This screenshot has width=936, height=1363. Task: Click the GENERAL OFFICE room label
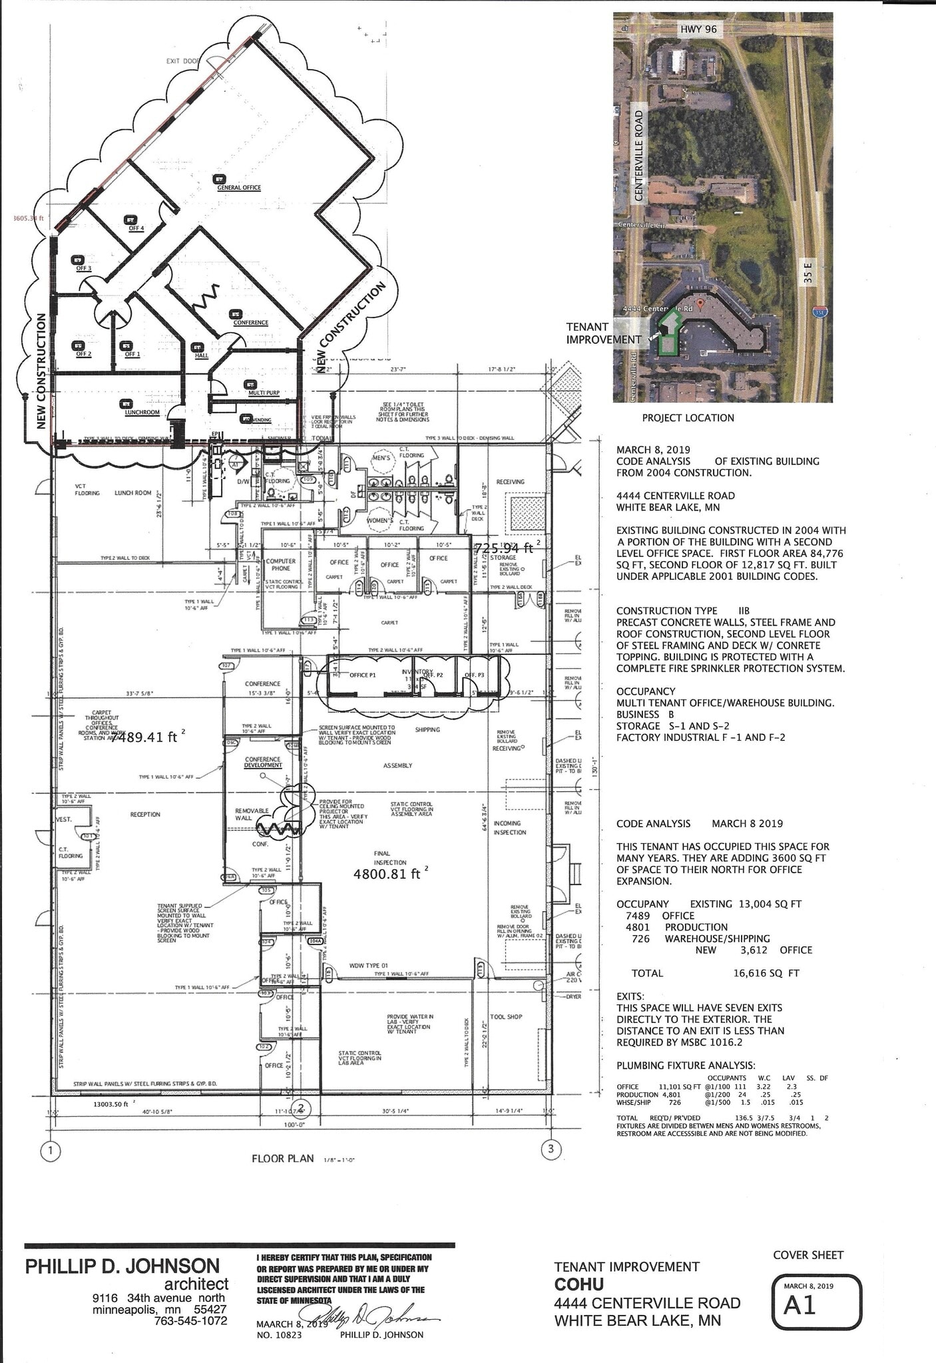point(239,188)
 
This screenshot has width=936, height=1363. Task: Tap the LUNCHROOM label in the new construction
point(142,413)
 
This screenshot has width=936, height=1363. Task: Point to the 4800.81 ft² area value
point(387,874)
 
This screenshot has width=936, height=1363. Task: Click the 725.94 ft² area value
point(504,548)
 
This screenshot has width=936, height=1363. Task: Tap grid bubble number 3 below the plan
point(551,1149)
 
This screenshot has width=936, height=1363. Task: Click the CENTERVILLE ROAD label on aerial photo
point(639,155)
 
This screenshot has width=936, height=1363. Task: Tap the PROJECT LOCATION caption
point(688,418)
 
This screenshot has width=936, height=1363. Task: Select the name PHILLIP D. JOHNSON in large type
point(122,1266)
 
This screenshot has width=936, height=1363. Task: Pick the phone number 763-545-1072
point(190,1320)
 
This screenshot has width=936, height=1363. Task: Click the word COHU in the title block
point(579,1284)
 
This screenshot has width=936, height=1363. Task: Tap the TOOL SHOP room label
point(506,1017)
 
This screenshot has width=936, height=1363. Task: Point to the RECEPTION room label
point(145,815)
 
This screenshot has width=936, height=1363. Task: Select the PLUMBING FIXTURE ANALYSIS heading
point(686,1066)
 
